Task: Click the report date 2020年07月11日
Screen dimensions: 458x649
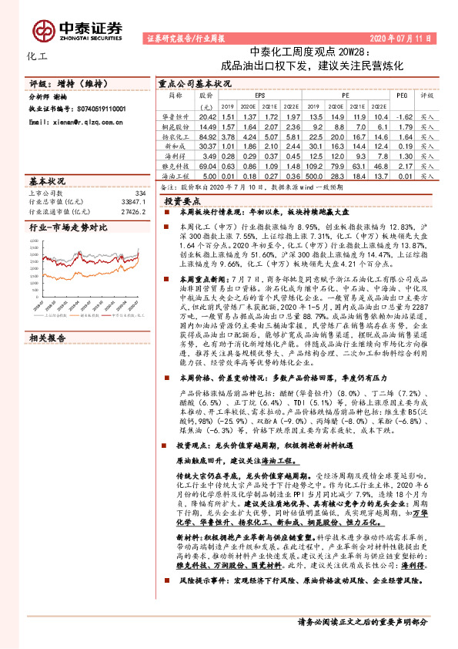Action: click(400, 37)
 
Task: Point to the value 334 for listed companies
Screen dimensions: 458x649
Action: click(139, 193)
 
